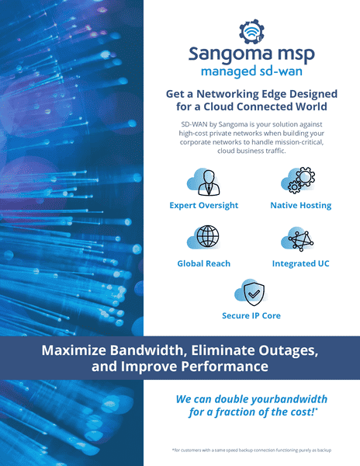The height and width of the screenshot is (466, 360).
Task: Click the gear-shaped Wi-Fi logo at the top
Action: [x=251, y=32]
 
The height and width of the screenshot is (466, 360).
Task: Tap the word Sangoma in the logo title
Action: [x=230, y=54]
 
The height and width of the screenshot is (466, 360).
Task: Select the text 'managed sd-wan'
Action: [x=251, y=71]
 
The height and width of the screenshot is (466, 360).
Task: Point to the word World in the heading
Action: [x=311, y=106]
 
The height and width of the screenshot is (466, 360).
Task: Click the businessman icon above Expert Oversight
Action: [x=209, y=183]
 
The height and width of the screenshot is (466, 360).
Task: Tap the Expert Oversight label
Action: [x=204, y=205]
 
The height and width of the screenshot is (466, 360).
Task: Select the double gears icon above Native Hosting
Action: [x=301, y=180]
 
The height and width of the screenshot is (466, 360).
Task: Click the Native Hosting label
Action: [x=300, y=205]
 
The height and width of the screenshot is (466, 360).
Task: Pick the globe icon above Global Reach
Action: [x=208, y=237]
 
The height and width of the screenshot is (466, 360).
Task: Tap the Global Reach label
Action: [x=203, y=263]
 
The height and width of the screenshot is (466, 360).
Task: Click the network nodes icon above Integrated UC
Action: [x=301, y=240]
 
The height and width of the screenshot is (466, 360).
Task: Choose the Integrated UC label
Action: [x=300, y=263]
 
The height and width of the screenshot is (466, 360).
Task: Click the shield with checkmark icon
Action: [x=254, y=294]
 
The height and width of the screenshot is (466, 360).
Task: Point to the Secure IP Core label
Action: [x=251, y=315]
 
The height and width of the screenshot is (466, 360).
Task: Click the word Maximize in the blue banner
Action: [x=74, y=350]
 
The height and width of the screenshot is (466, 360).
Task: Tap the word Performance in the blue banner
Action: [x=225, y=366]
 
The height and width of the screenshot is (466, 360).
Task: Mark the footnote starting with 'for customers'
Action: [x=251, y=450]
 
